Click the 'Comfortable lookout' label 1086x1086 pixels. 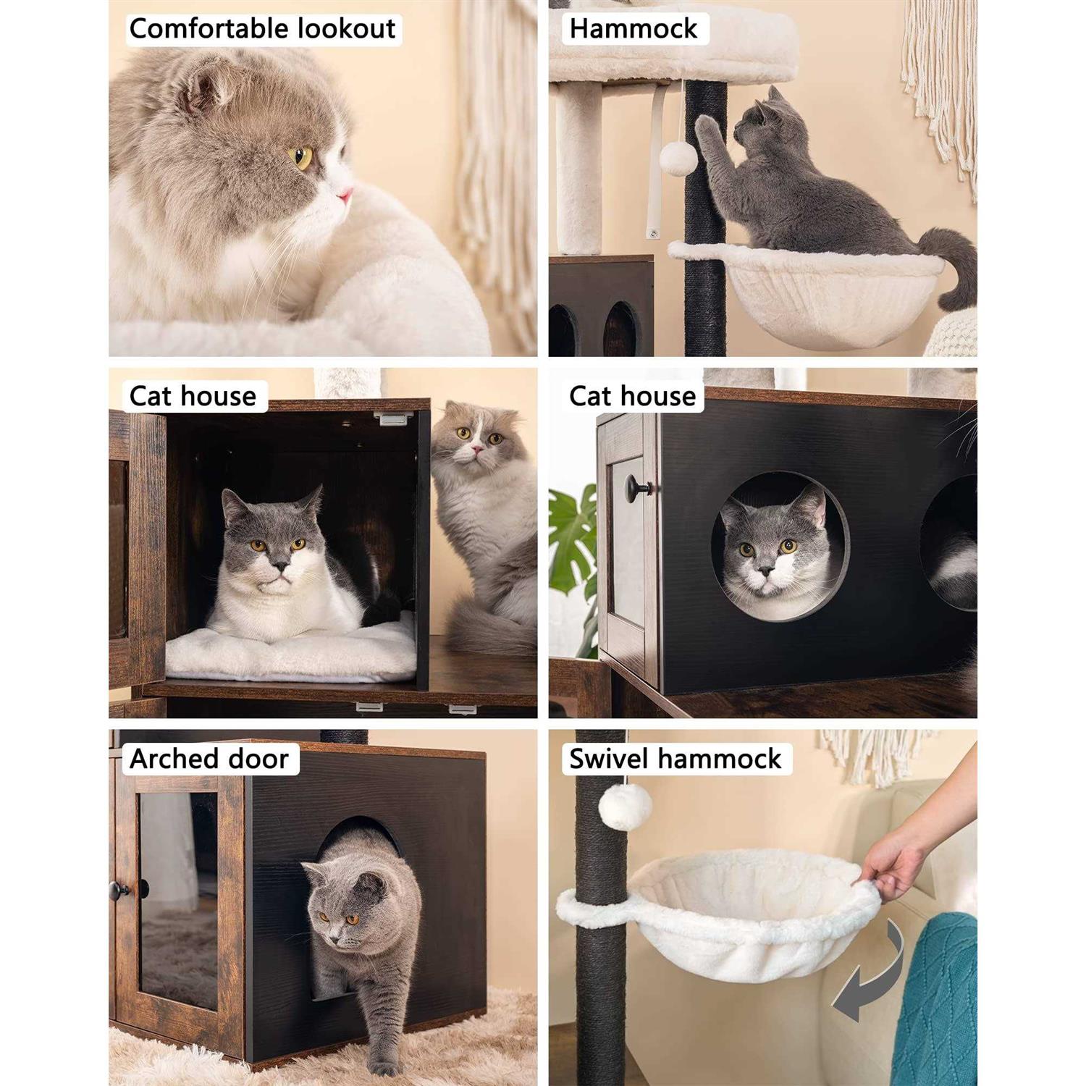pyautogui.click(x=262, y=29)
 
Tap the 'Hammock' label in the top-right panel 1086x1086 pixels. pyautogui.click(x=633, y=29)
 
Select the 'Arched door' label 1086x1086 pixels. pyautogui.click(x=209, y=759)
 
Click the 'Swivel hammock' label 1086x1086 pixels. pyautogui.click(x=675, y=759)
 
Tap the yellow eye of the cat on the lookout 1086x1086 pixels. pyautogui.click(x=301, y=156)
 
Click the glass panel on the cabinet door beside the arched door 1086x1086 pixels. pyautogui.click(x=178, y=901)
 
